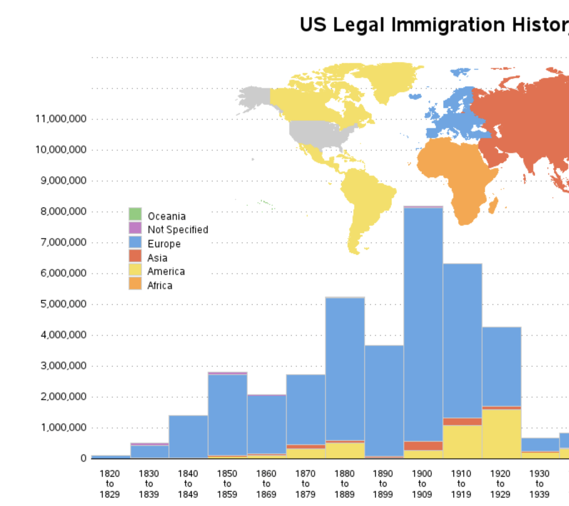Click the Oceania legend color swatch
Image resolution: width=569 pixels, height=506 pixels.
[135, 214]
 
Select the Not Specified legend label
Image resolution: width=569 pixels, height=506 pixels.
[178, 230]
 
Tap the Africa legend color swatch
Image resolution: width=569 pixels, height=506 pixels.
[135, 283]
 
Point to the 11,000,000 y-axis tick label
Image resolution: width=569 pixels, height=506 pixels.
[61, 119]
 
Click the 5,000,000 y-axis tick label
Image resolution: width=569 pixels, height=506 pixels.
[63, 304]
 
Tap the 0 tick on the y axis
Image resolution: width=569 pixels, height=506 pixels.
[83, 458]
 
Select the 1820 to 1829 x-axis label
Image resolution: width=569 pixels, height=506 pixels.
[110, 484]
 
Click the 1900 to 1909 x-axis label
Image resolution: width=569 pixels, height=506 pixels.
[422, 484]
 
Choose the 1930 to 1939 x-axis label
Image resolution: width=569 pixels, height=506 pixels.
[539, 484]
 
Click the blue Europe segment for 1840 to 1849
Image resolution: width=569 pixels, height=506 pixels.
[188, 437]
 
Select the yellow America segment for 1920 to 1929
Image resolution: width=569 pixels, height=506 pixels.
[502, 434]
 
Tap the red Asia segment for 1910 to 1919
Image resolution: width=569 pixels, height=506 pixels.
[463, 421]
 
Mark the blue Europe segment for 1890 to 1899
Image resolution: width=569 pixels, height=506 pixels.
[384, 401]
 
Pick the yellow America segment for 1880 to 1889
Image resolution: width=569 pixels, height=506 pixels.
[345, 450]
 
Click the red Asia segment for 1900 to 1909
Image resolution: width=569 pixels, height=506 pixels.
[423, 446]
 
